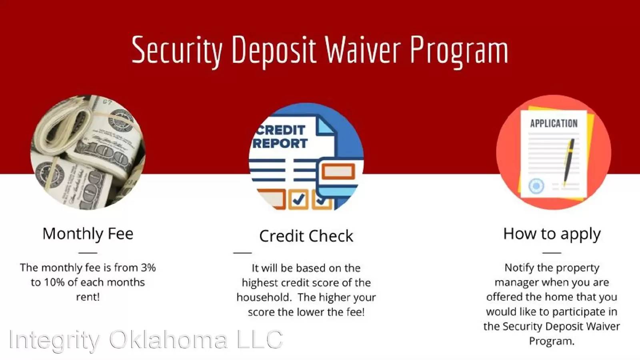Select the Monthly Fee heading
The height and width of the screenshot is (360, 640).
88,234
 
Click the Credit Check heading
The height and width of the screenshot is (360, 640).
306,236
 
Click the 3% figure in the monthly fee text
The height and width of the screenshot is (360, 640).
148,268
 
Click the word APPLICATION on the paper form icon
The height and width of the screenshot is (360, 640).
554,124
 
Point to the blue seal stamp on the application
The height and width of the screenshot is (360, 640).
536,186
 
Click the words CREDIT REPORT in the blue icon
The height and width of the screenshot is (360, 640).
280,137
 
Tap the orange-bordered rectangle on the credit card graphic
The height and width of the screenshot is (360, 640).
338,172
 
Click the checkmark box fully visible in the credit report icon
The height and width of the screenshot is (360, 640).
298,199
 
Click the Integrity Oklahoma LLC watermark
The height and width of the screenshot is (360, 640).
146,340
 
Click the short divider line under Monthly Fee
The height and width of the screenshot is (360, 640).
88,253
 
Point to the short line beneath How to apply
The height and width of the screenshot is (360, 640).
552,253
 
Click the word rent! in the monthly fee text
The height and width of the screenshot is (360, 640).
88,297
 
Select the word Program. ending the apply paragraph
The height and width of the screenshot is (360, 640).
552,341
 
